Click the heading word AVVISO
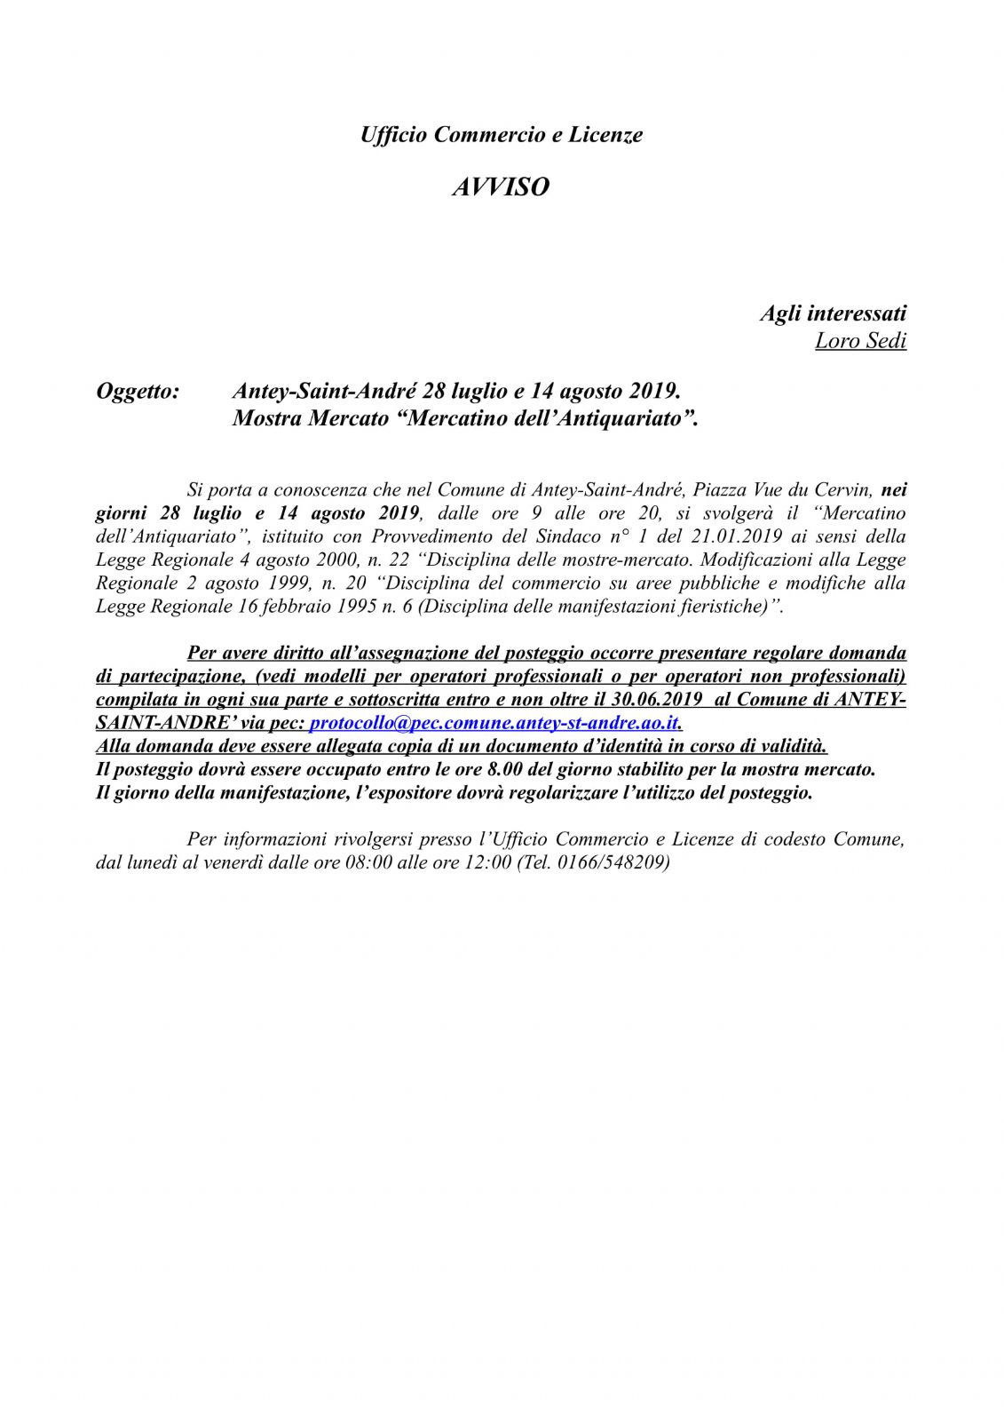[501, 187]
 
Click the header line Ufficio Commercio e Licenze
[502, 135]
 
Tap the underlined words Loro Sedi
[860, 341]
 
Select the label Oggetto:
[138, 391]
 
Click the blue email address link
[494, 723]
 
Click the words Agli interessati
[833, 313]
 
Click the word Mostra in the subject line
[267, 417]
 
